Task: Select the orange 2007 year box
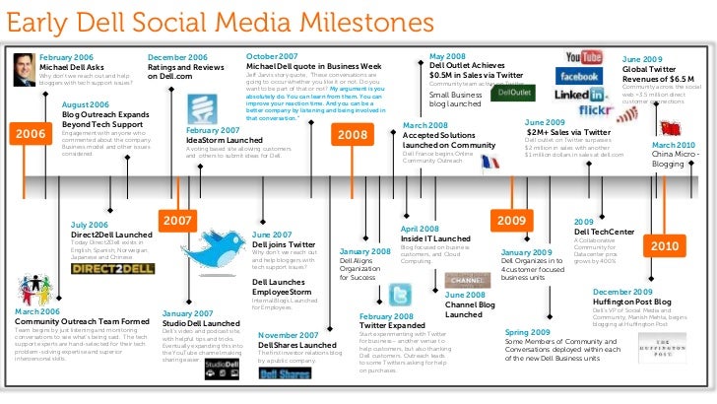pos(177,221)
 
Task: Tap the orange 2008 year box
pos(352,133)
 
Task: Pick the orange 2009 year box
pos(515,219)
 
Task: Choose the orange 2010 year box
pos(663,244)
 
